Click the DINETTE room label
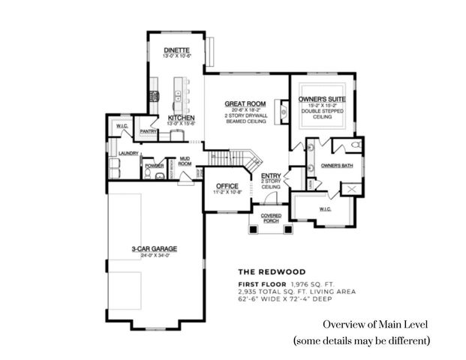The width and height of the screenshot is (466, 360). tap(178, 50)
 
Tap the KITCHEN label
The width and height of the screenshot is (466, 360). tap(182, 118)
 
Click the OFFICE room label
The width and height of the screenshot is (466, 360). tap(227, 186)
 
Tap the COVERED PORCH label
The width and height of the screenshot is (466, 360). tap(270, 217)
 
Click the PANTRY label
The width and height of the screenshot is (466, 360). tap(148, 132)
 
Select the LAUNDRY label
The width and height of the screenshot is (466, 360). tap(119, 152)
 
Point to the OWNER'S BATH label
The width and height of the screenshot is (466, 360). tap(336, 165)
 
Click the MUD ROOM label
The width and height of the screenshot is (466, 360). tap(184, 160)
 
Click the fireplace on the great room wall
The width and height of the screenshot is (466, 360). tap(283, 112)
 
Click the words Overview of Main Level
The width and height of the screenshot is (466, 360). tap(375, 325)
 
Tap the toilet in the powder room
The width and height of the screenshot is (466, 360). tap(148, 173)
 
